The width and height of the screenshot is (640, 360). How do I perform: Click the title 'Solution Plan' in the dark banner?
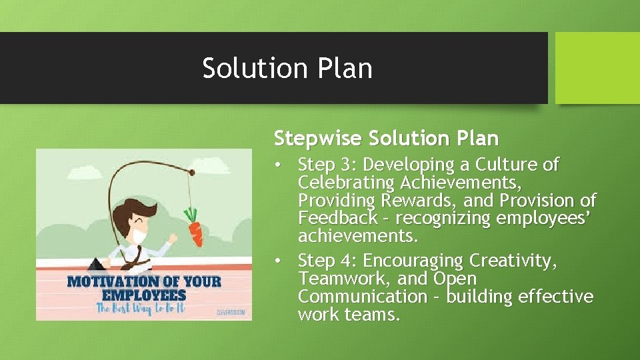[x=287, y=68]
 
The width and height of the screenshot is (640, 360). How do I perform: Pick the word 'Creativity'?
[x=511, y=261]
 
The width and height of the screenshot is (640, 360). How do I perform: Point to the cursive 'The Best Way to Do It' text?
[x=140, y=308]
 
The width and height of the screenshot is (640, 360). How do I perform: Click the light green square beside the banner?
[x=597, y=68]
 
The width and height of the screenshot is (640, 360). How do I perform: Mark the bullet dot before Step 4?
[x=283, y=261]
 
